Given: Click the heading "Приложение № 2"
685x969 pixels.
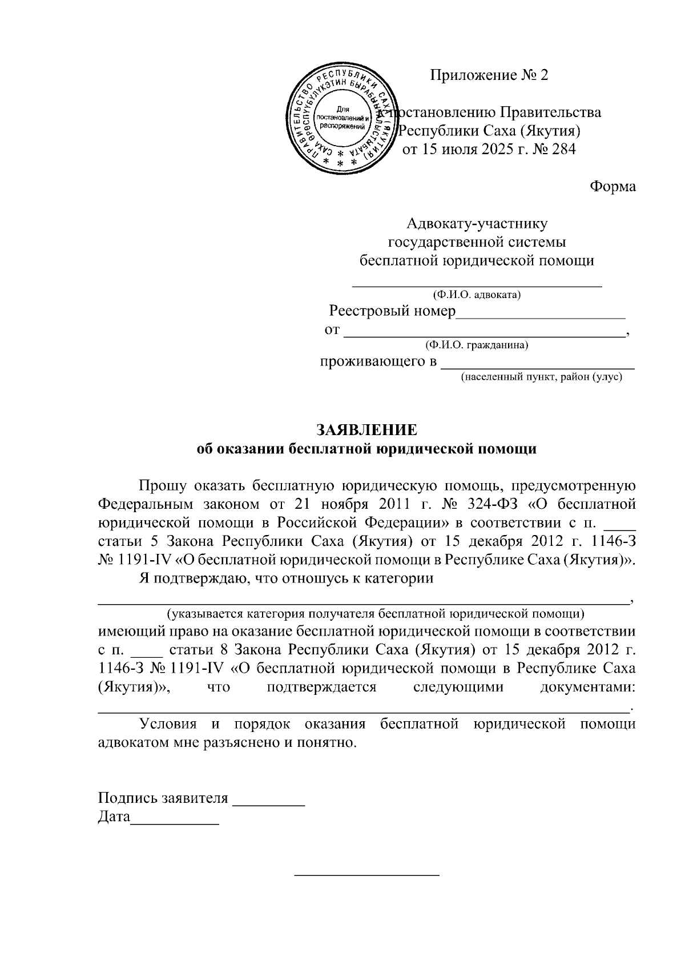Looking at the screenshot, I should (489, 75).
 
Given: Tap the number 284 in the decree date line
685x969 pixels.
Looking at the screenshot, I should (562, 150).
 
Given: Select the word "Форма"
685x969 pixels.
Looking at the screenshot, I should (613, 187).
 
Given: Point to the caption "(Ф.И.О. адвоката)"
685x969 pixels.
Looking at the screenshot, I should (477, 295).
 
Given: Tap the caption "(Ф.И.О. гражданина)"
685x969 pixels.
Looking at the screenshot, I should (477, 345).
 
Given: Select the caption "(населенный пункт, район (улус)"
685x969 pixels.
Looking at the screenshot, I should (541, 377).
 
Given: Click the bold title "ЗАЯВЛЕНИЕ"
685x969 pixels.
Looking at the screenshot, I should (366, 429).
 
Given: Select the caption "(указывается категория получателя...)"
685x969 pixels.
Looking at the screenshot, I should (375, 614).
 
